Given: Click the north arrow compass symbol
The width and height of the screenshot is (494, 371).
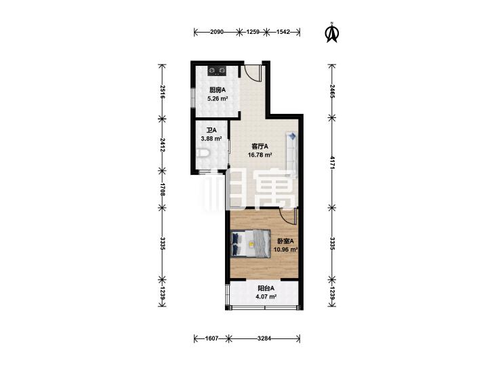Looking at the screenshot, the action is [x=331, y=33].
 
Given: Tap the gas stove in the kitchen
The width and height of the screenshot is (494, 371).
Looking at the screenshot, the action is [x=217, y=71].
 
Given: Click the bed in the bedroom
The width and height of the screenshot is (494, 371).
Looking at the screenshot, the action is [x=251, y=243].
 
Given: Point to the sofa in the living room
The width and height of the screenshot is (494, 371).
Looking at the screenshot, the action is [x=292, y=154].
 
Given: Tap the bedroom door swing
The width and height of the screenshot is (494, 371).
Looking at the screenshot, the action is [x=288, y=216].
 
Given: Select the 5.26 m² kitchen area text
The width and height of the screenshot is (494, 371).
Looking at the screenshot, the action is [x=218, y=98].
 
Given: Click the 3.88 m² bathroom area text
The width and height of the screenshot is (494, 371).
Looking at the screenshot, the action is [x=211, y=138].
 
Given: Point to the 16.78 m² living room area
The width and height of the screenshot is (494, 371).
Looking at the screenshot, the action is [x=260, y=155].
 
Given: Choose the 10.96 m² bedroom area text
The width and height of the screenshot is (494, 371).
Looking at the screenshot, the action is [x=286, y=250].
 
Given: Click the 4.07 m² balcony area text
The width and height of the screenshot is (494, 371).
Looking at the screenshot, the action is [x=266, y=296].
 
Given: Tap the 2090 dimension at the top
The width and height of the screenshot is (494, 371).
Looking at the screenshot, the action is [x=217, y=31].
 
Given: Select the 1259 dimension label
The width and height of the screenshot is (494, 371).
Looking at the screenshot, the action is [x=253, y=31].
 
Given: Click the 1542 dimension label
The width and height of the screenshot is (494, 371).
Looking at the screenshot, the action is [x=283, y=31].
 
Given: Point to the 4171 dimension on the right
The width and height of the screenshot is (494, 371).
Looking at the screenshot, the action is [x=331, y=163].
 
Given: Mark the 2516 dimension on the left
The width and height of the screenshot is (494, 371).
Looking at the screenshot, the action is [x=162, y=92].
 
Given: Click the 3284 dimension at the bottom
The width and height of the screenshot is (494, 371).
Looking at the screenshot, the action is [x=264, y=338].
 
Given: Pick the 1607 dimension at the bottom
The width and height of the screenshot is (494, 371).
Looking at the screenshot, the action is [x=211, y=338].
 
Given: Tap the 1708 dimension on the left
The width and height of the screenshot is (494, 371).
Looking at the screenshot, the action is [x=162, y=189].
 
